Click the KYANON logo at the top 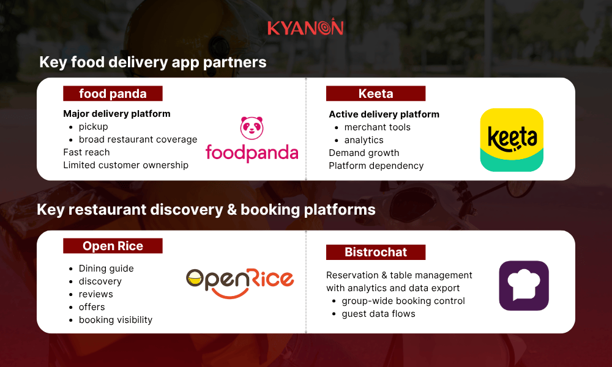point(305,28)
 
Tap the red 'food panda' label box point(113,94)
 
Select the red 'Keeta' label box point(375,94)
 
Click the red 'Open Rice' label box point(113,246)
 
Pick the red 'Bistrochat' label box point(375,252)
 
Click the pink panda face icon point(252,127)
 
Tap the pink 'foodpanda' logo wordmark point(252,152)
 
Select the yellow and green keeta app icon point(512,140)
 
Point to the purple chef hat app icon point(523,286)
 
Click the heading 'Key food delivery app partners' point(152,62)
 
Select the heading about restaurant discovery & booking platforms point(206,210)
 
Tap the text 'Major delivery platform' point(117,114)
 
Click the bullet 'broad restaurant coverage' point(138,139)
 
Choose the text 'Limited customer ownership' point(125,165)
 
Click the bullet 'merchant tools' point(377,127)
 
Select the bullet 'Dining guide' point(106,269)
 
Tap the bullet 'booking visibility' point(115,320)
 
